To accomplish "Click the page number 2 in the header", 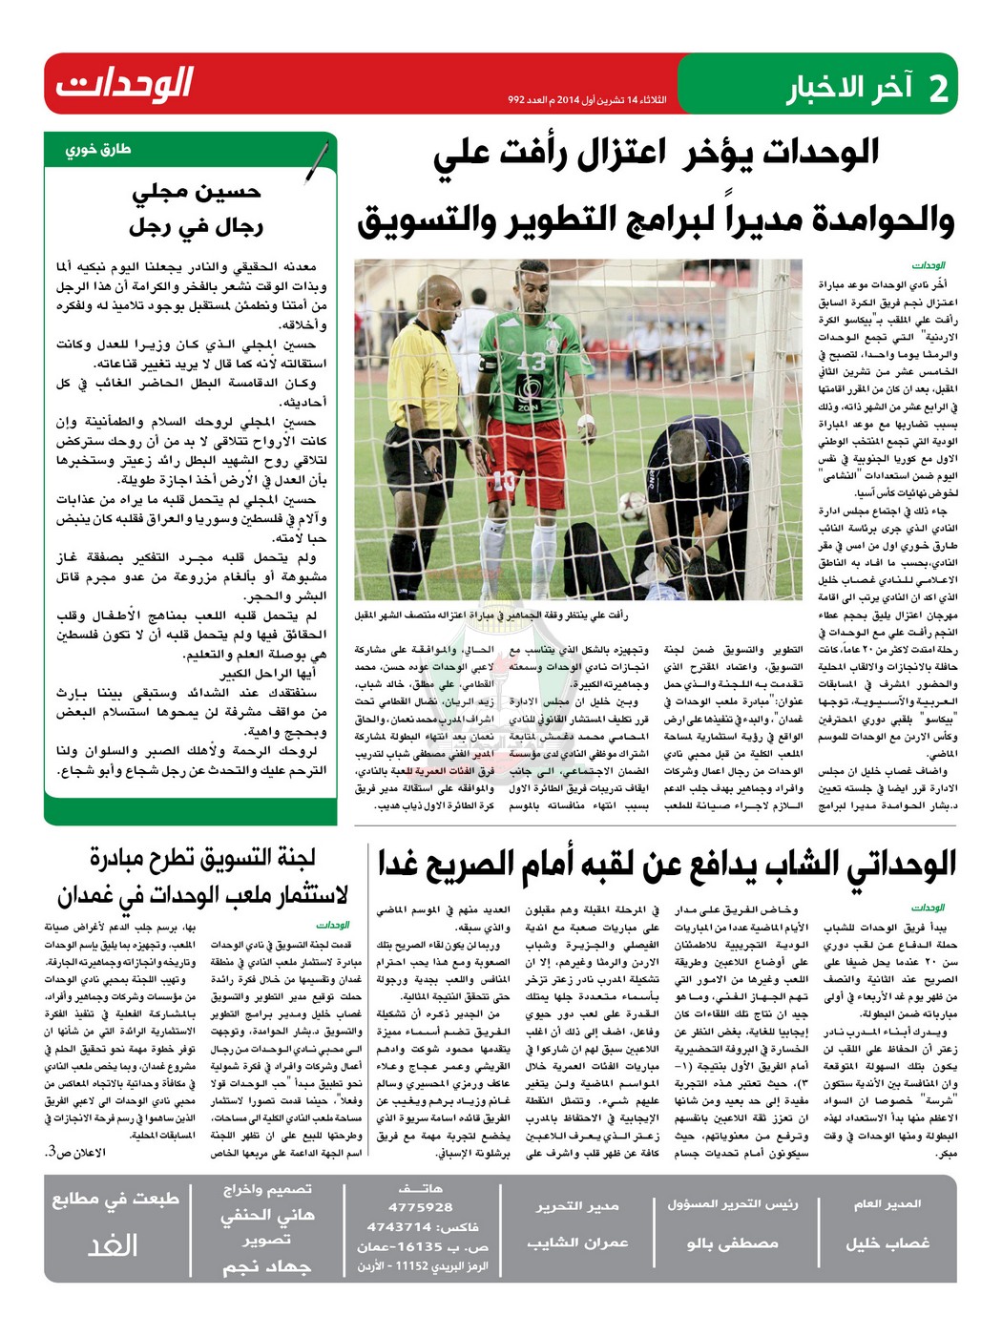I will (x=937, y=87).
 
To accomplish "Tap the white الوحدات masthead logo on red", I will (x=124, y=84).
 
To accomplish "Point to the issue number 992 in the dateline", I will (x=516, y=100).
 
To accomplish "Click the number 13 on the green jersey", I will (x=532, y=362).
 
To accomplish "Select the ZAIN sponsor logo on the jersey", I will (x=528, y=407).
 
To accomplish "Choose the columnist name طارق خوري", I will (x=98, y=150).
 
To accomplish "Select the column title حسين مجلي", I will (x=196, y=192).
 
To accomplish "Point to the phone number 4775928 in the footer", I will (x=420, y=1207).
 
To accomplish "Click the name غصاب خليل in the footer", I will (x=887, y=1242).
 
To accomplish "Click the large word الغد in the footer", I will (x=113, y=1244).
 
